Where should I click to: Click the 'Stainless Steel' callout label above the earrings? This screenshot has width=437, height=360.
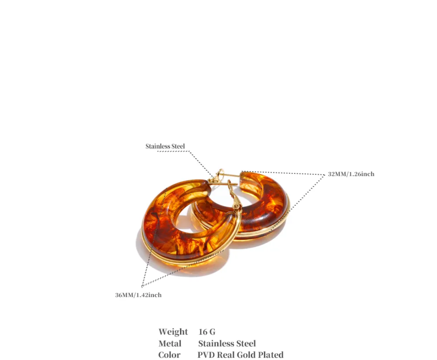[165, 146]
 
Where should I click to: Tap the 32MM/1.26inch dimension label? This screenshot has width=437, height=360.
[351, 174]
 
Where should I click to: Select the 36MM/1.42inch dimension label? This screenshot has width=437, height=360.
[138, 295]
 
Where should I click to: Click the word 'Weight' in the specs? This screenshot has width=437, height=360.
[173, 332]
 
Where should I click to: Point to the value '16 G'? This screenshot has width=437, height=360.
[207, 332]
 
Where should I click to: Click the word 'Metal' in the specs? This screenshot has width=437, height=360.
[170, 344]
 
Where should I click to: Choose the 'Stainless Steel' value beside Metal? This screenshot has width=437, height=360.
[227, 344]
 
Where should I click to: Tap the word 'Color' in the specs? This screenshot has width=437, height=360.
[170, 355]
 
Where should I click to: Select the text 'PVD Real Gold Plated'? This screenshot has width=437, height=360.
[240, 355]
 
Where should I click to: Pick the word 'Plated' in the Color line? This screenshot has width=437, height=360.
[271, 355]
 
